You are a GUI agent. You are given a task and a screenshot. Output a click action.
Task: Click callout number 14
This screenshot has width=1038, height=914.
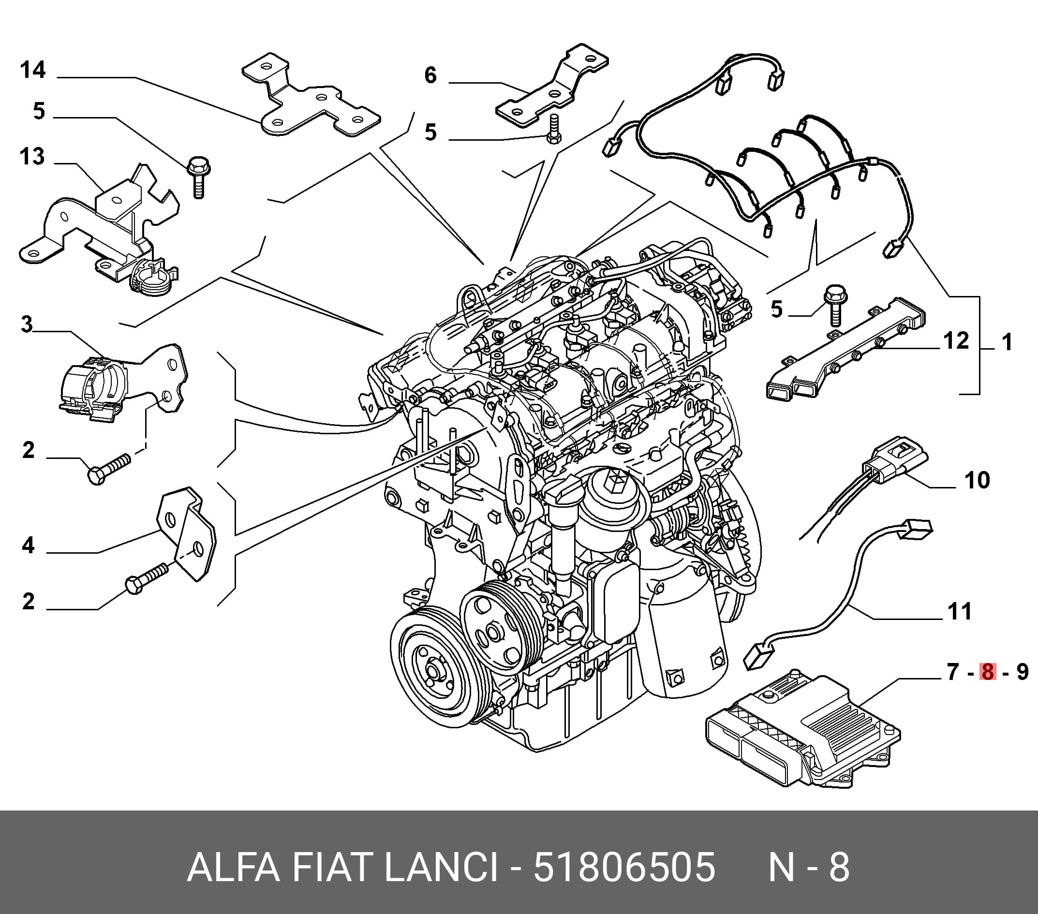[33, 70]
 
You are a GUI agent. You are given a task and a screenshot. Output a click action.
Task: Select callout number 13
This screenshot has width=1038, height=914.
[32, 156]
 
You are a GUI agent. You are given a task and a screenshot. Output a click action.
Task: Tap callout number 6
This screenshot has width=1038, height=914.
[430, 75]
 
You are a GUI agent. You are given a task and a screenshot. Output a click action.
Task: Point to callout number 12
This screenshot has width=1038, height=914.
[956, 340]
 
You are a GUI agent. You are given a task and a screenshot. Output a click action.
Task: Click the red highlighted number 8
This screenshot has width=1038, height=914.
[988, 672]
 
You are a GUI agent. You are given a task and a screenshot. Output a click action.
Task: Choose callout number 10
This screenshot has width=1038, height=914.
[977, 480]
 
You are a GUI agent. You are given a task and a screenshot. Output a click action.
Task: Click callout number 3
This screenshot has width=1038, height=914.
[27, 324]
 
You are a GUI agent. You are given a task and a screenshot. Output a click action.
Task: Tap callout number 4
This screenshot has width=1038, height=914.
[29, 545]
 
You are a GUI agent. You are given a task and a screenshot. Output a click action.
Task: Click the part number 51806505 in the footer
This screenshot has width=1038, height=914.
[624, 867]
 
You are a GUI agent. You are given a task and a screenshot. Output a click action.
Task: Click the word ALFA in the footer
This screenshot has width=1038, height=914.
[234, 867]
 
